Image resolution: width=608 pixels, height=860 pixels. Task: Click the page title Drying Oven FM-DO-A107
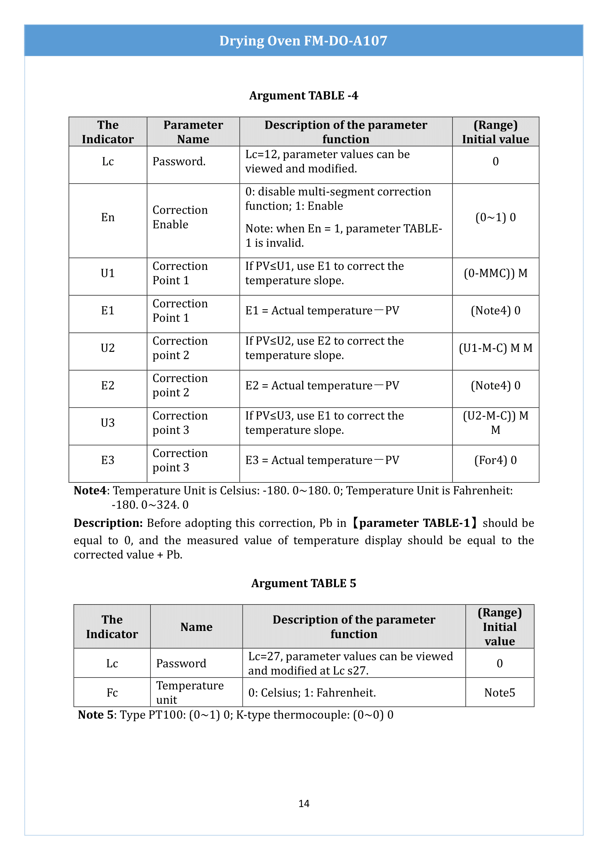click(x=303, y=41)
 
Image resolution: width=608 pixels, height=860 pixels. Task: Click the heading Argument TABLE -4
click(x=303, y=96)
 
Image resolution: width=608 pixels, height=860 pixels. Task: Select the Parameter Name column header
click(x=193, y=132)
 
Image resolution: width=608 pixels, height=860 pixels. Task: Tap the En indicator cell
click(x=108, y=217)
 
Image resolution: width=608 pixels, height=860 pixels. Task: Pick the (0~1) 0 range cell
click(x=495, y=217)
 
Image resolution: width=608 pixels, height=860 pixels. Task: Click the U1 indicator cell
click(x=108, y=273)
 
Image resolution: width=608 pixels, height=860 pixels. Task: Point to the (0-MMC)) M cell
click(x=495, y=273)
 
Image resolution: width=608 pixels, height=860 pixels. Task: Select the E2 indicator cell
click(x=108, y=385)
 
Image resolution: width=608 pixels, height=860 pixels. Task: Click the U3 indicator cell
click(x=108, y=423)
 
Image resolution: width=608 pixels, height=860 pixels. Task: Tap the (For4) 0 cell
click(x=495, y=460)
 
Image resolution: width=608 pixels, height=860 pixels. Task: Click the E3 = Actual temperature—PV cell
click(x=322, y=460)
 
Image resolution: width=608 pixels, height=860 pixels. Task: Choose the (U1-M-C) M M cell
click(x=495, y=348)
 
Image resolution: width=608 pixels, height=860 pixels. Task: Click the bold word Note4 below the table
click(x=90, y=490)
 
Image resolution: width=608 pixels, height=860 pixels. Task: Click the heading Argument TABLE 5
click(x=303, y=583)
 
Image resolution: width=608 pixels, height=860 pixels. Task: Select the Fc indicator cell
click(x=112, y=693)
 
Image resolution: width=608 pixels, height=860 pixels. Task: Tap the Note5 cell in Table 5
click(x=500, y=693)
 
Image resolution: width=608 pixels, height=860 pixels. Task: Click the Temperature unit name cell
click(x=190, y=693)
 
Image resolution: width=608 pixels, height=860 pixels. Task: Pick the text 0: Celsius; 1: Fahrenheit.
click(x=312, y=693)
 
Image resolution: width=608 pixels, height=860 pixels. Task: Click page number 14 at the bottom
click(x=304, y=803)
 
